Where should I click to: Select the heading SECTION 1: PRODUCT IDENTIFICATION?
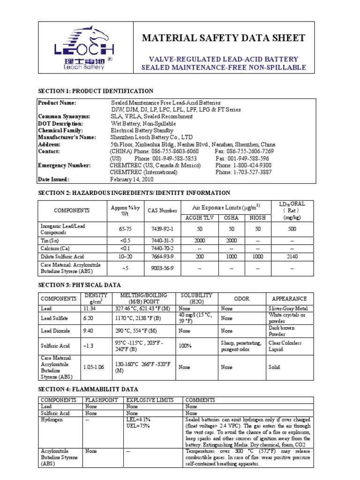(95, 91)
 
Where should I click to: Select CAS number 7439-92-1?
(162, 229)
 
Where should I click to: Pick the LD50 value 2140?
(292, 256)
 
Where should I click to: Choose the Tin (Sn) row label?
(49, 240)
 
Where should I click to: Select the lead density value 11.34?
(89, 308)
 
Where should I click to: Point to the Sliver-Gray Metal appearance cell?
(288, 308)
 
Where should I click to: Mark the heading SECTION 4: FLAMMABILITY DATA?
(88, 389)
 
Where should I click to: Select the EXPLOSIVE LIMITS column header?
(150, 400)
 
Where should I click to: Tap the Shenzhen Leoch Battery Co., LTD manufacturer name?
(151, 137)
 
